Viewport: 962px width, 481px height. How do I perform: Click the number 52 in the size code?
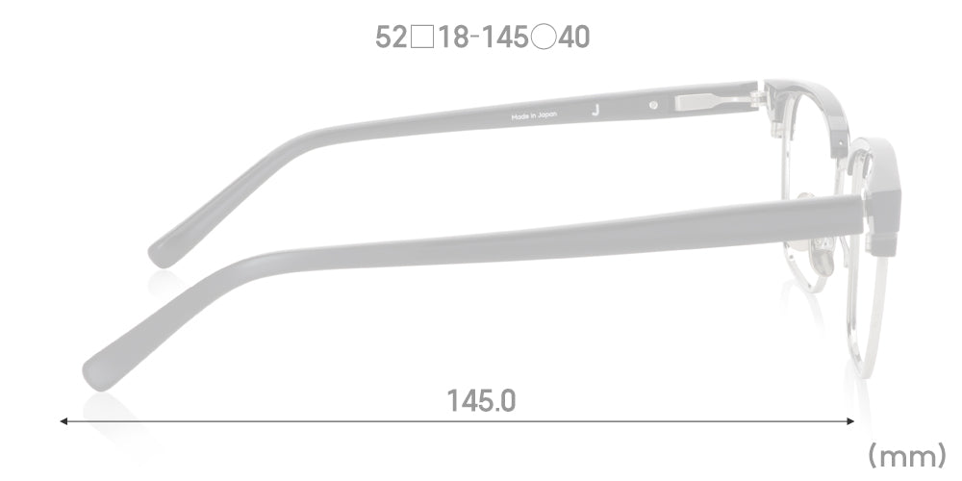[391, 38]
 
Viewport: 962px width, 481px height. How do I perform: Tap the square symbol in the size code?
[422, 38]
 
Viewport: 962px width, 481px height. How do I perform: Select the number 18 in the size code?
[454, 38]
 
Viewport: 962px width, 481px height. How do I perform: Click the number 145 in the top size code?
[504, 38]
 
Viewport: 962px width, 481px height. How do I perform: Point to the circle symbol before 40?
[544, 38]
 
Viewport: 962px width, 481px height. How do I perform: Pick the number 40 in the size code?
[574, 38]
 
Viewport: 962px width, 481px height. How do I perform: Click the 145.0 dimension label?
[482, 401]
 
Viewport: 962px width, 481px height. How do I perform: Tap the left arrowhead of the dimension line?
[63, 421]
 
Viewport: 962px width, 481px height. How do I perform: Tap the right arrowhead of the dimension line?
[850, 421]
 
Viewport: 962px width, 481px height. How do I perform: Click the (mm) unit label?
[907, 456]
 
